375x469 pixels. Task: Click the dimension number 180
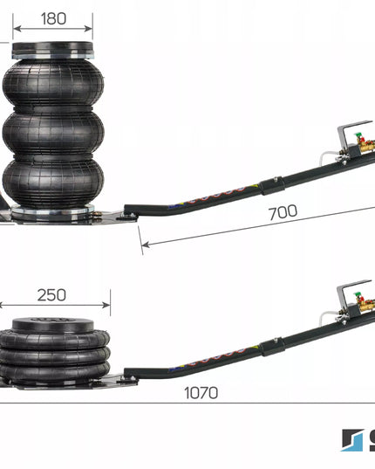tap(53, 18)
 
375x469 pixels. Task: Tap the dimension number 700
tap(283, 212)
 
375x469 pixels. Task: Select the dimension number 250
tap(51, 295)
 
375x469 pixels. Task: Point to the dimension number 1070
tap(201, 393)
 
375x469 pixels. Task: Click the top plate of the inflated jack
tap(53, 51)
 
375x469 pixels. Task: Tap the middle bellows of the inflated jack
tap(53, 132)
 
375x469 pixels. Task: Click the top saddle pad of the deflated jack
tap(53, 325)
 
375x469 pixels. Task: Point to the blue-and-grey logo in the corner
tap(352, 440)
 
